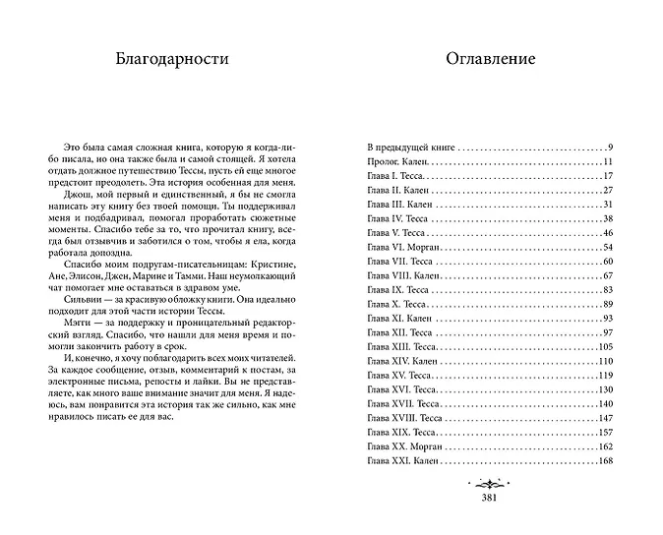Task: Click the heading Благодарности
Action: click(x=171, y=59)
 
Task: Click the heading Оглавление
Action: click(x=490, y=59)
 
